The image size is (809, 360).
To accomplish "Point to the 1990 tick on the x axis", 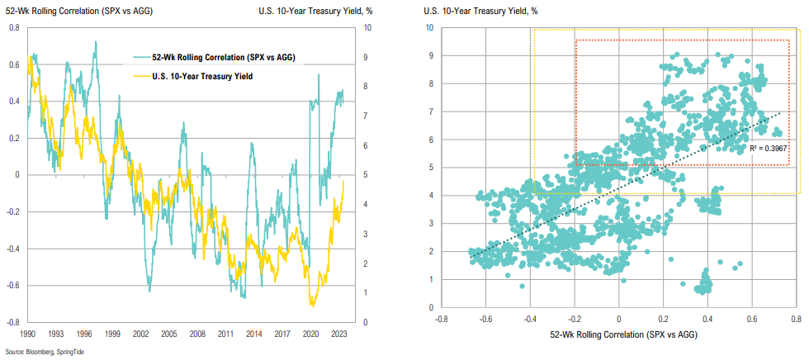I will tap(28, 335).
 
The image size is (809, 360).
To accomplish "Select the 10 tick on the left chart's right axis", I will tap(366, 28).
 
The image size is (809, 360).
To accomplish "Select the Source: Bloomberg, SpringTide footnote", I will tap(46, 353).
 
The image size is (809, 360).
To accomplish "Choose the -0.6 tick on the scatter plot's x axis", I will tap(485, 317).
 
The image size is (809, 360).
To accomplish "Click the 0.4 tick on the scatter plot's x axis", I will tap(707, 317).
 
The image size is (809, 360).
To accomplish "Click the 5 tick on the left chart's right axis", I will tap(364, 175).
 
